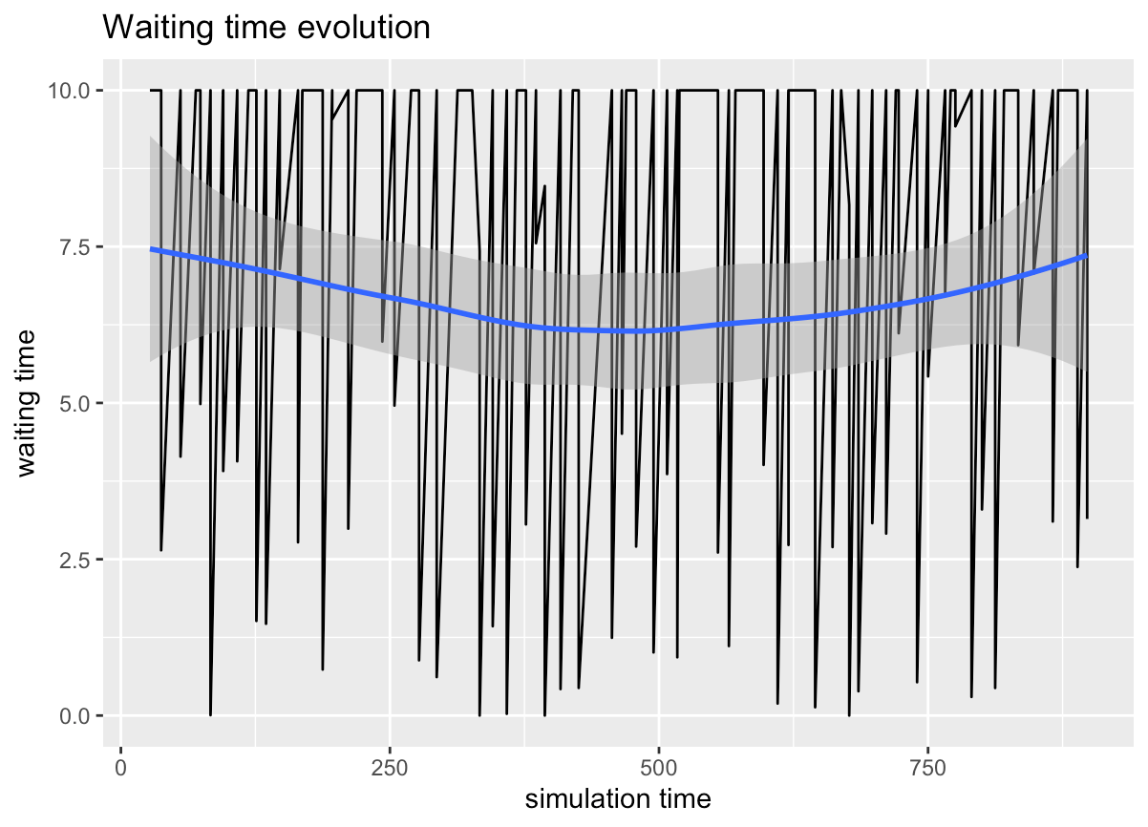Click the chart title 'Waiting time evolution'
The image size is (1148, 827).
coord(266,28)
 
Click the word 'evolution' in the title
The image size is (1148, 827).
coord(370,28)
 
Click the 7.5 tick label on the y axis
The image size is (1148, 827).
coord(76,246)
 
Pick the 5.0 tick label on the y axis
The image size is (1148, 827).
coord(76,403)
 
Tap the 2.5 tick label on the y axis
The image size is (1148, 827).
coord(76,560)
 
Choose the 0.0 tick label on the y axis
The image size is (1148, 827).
coord(76,716)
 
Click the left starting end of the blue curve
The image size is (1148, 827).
coord(152,249)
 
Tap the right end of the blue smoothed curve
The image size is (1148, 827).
coord(1087,256)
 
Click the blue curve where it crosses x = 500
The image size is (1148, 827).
coord(658,330)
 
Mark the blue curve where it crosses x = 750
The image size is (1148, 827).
coord(927,298)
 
